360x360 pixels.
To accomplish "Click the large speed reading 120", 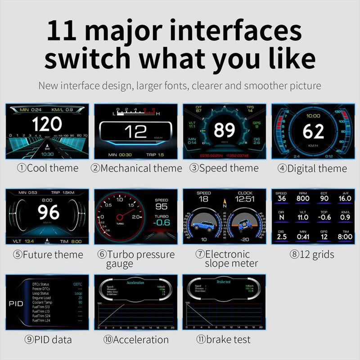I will tap(47, 124).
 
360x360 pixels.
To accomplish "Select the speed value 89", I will tap(224, 130).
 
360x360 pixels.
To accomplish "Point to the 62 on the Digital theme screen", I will tap(313, 131).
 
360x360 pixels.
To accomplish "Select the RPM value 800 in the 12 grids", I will tap(303, 198).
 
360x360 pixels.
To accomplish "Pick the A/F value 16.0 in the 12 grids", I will tap(345, 198).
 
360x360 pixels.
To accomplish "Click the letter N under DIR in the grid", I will tap(282, 217).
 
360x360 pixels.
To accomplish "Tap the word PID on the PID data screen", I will tap(16, 304).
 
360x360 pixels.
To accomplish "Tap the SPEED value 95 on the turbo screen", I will tap(161, 207).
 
